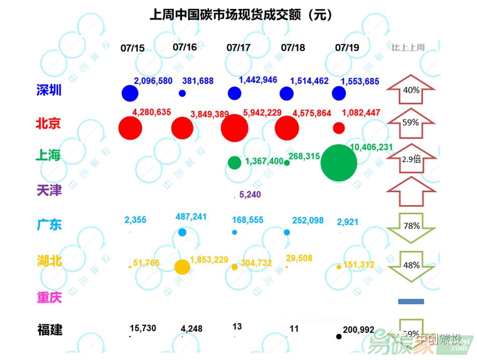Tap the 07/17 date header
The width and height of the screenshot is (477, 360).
[x=238, y=48]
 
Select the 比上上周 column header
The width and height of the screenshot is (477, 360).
[x=408, y=48]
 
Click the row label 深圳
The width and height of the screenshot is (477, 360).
[x=49, y=90]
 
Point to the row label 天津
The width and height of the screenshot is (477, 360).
[x=49, y=191]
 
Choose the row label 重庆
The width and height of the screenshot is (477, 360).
[x=49, y=298]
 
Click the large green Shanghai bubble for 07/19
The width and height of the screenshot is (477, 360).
[x=339, y=163]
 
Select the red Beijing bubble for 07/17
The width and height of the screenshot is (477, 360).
[x=234, y=128]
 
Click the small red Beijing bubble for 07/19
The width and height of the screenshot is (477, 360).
[x=339, y=128]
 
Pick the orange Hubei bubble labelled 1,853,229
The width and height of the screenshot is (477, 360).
[x=182, y=267]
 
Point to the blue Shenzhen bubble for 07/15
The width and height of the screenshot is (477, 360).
[x=130, y=93]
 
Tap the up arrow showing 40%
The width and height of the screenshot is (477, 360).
[x=411, y=90]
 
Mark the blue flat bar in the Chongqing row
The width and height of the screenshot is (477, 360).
[x=411, y=302]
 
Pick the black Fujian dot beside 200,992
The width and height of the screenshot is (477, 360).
[x=339, y=336]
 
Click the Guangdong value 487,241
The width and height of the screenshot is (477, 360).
[x=191, y=217]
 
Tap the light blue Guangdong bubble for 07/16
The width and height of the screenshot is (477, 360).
[x=182, y=232]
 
